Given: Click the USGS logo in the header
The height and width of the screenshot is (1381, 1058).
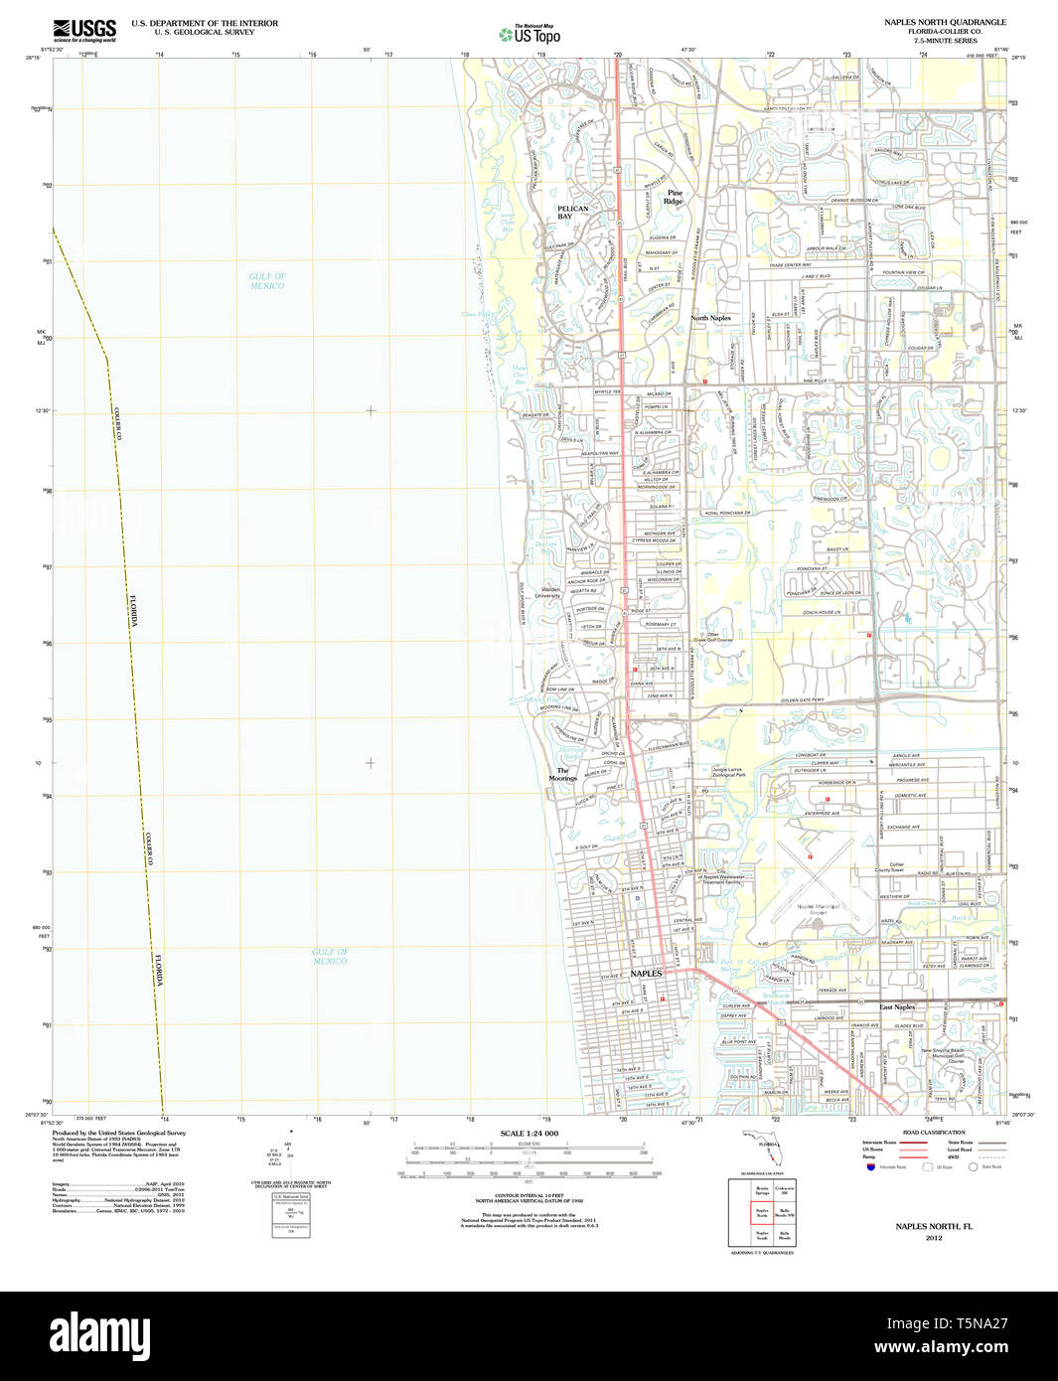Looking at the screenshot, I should [84, 30].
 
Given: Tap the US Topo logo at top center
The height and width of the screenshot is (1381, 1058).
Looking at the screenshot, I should [529, 35].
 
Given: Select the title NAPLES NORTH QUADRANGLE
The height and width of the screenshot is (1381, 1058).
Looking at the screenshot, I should [945, 22].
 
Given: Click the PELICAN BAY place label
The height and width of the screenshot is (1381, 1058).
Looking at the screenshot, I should [572, 213].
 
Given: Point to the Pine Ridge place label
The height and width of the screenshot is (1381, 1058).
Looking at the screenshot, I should [674, 197].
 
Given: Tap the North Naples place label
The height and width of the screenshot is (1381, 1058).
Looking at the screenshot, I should [710, 318].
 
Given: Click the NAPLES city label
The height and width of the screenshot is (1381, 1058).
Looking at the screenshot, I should [646, 974].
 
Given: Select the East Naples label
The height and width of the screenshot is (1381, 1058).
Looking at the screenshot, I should [897, 1007].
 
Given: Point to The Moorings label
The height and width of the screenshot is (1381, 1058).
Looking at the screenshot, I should [562, 774].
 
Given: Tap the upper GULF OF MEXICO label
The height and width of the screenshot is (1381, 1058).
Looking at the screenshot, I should [266, 281].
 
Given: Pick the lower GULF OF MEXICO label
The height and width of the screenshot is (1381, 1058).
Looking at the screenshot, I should [330, 956].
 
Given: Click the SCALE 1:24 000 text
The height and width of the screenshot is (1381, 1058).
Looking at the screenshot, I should [529, 1134].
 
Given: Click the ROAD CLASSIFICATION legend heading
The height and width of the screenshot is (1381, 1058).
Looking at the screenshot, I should [933, 1133].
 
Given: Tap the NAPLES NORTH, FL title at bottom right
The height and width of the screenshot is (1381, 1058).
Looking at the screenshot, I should [933, 1226].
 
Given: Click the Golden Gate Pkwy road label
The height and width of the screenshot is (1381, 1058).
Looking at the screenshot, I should [802, 700].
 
